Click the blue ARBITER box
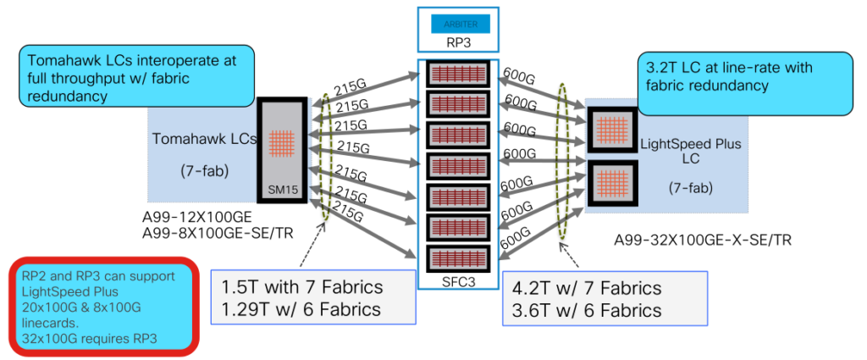click(x=460, y=23)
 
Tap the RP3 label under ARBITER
click(x=460, y=42)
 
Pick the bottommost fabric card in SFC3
click(x=459, y=257)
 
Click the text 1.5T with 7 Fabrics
click(x=302, y=288)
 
